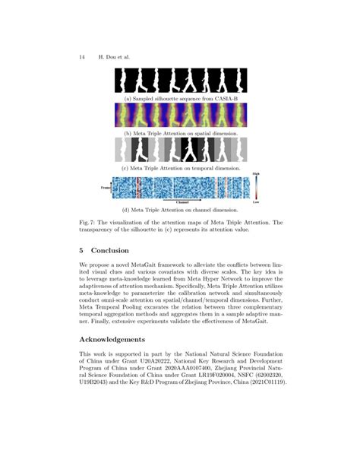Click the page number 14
click(x=81, y=56)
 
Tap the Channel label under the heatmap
click(x=182, y=202)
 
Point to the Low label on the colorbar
click(x=257, y=202)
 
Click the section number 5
click(x=81, y=250)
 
